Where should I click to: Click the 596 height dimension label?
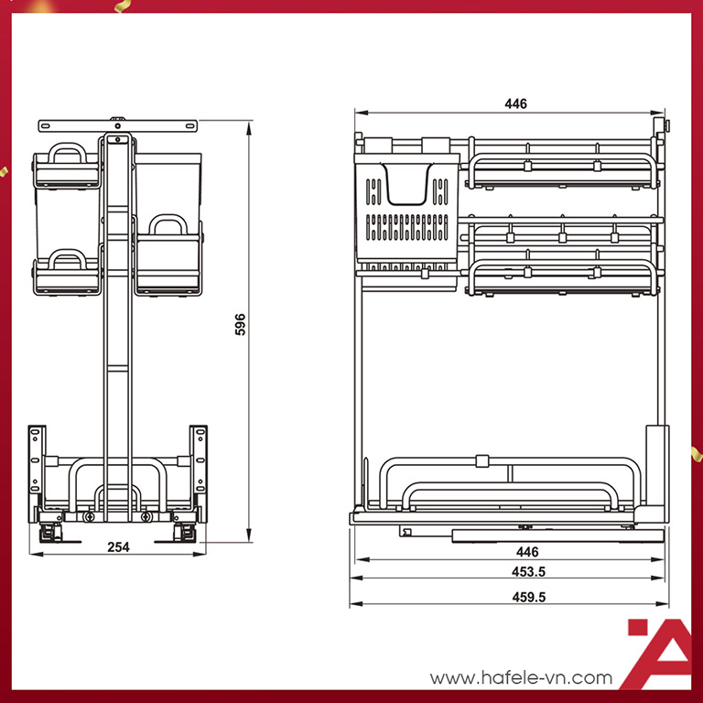pyautogui.click(x=241, y=324)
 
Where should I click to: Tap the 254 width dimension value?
pyautogui.click(x=118, y=547)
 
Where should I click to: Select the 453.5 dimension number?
pyautogui.click(x=528, y=571)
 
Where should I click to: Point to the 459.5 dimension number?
pyautogui.click(x=529, y=597)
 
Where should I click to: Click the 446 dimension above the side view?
pyautogui.click(x=515, y=103)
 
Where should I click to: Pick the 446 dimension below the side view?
pyautogui.click(x=527, y=551)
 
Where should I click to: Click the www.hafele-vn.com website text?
pyautogui.click(x=521, y=677)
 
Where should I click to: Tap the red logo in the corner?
pyautogui.click(x=660, y=654)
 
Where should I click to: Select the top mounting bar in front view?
pyautogui.click(x=118, y=125)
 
